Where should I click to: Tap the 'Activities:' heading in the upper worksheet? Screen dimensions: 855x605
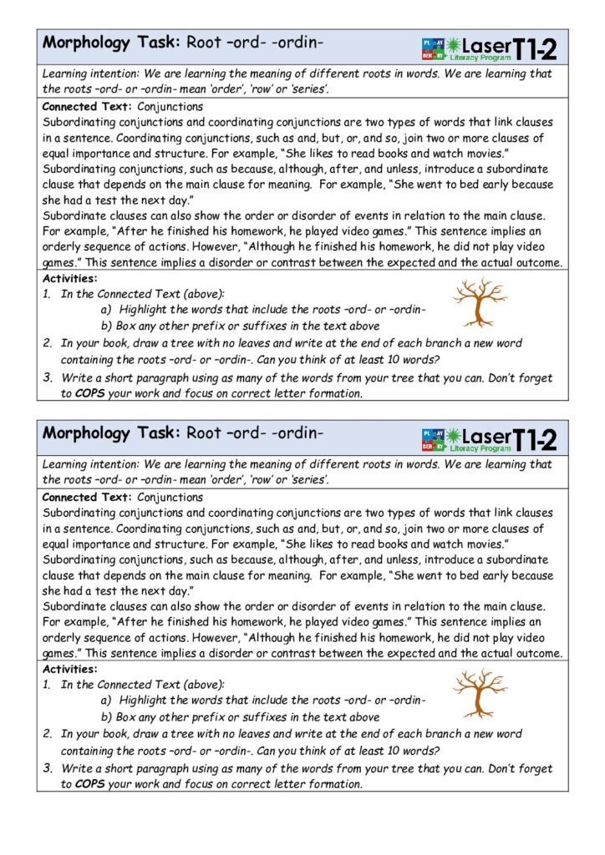(69, 278)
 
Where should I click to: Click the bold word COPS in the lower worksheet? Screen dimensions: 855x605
(91, 784)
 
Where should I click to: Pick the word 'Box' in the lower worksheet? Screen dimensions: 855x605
(126, 716)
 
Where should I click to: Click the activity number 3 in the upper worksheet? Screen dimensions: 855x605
(48, 377)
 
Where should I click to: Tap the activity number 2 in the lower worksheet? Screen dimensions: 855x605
(48, 734)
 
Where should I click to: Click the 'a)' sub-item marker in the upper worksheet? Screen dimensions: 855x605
(106, 310)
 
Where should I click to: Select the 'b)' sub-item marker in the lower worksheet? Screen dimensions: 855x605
(106, 716)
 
